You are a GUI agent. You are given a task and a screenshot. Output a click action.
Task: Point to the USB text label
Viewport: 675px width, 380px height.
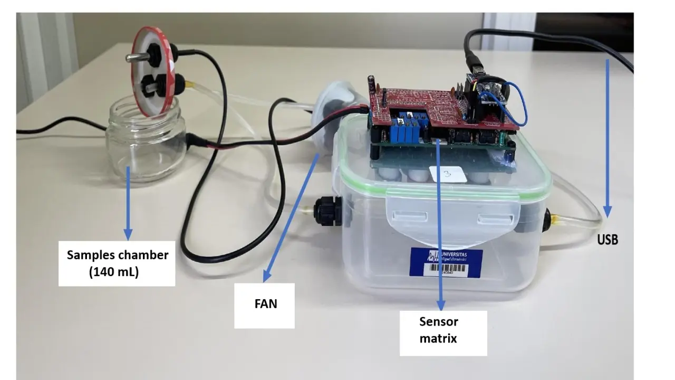(607, 240)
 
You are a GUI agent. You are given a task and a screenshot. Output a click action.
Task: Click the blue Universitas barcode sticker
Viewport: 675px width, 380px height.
(446, 262)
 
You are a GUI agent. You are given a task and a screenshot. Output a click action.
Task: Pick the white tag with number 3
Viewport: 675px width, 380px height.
(448, 174)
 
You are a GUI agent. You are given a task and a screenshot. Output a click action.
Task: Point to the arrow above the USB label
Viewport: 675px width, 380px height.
(607, 137)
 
